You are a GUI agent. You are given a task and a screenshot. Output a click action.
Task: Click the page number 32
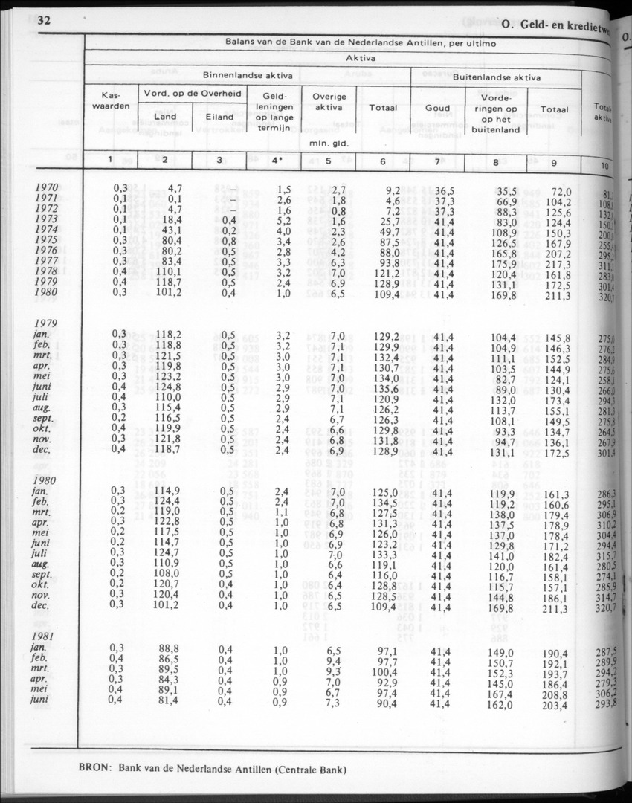44,20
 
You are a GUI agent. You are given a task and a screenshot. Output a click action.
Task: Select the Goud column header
437,108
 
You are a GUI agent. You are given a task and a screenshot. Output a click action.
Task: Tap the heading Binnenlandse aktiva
248,75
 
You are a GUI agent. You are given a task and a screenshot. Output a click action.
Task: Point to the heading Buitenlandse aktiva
497,77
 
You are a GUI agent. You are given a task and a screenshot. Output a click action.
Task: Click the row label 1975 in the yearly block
57,240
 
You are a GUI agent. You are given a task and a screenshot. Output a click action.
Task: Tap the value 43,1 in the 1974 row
166,230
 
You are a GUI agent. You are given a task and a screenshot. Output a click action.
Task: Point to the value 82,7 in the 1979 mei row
504,379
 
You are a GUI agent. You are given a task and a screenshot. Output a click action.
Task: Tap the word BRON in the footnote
95,769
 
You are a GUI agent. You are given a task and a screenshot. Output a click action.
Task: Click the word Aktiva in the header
360,57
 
